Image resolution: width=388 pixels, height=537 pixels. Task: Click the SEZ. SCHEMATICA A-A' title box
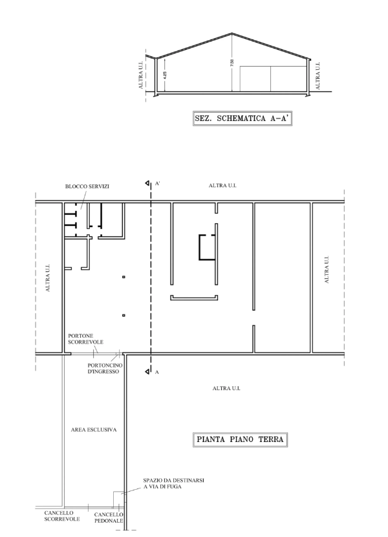pos(242,118)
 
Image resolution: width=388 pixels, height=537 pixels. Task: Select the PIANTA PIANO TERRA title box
pos(240,439)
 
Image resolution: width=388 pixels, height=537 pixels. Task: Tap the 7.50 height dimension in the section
pos(232,63)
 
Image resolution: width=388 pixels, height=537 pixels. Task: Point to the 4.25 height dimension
pos(165,75)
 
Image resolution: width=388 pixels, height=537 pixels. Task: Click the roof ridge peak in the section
pos(232,33)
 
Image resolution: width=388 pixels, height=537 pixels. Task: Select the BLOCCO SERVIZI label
pos(87,186)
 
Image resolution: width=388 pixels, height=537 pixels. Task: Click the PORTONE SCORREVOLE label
pos(85,339)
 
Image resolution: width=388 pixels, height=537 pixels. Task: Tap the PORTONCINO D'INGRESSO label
pos(105,369)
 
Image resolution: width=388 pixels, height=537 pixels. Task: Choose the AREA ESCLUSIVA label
pos(94,430)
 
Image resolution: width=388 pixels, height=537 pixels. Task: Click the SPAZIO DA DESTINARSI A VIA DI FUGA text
pos(173,483)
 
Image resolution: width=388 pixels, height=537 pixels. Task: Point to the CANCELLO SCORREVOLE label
pos(62,516)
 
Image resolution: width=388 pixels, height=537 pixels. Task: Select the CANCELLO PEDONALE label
pos(109,518)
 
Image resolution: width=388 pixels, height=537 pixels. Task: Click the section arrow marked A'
pos(147,184)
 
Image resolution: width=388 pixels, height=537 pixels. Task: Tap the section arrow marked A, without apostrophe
pos(147,371)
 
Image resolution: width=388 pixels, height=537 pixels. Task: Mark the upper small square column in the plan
pos(124,277)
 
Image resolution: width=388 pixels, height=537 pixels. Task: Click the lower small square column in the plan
pos(124,316)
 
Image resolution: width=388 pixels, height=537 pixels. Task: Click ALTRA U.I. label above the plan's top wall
pos(222,186)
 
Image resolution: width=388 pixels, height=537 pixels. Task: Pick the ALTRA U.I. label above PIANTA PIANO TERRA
pos(226,389)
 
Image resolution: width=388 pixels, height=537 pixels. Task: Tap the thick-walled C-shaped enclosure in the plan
pos(199,247)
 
